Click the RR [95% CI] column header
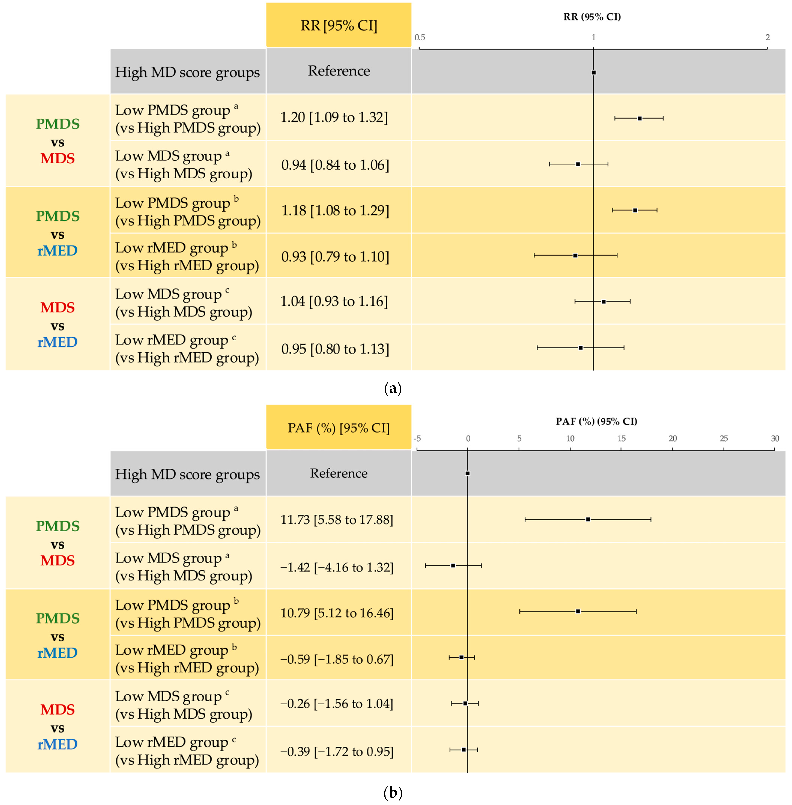click(339, 25)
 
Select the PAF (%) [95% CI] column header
click(339, 427)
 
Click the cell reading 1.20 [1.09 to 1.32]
click(334, 117)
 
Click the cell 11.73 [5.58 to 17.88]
click(337, 519)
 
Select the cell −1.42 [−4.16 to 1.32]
click(337, 567)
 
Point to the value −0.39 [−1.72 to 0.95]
click(337, 751)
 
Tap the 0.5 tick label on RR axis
click(420, 38)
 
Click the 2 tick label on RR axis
click(767, 38)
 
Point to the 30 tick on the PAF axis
click(775, 438)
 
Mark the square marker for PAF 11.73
click(588, 519)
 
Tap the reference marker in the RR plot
click(594, 72)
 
